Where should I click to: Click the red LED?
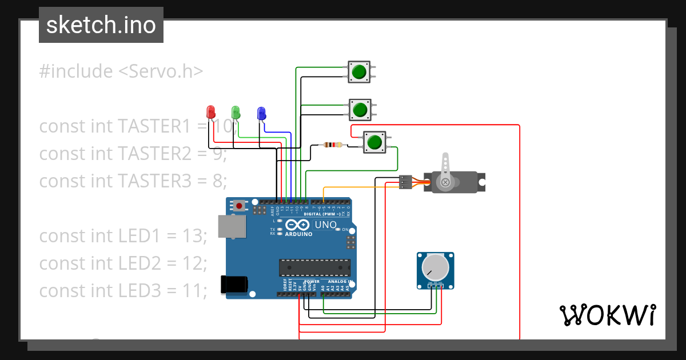click(x=210, y=111)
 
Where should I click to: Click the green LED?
click(x=236, y=111)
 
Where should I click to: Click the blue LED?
click(x=261, y=113)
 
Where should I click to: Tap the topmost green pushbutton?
click(x=359, y=72)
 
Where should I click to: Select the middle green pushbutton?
click(x=360, y=109)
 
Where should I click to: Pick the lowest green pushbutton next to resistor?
click(x=374, y=142)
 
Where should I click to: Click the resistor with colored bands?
click(x=332, y=145)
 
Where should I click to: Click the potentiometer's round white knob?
click(x=435, y=267)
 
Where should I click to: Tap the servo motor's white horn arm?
click(x=445, y=169)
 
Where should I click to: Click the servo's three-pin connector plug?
click(x=405, y=182)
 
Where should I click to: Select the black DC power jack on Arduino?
click(x=234, y=284)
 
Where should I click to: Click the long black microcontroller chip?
click(x=314, y=267)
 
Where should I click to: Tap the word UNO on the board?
click(x=326, y=225)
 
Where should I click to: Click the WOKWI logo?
click(x=607, y=315)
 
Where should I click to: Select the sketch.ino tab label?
click(x=101, y=25)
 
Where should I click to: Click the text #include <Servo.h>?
click(x=121, y=71)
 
